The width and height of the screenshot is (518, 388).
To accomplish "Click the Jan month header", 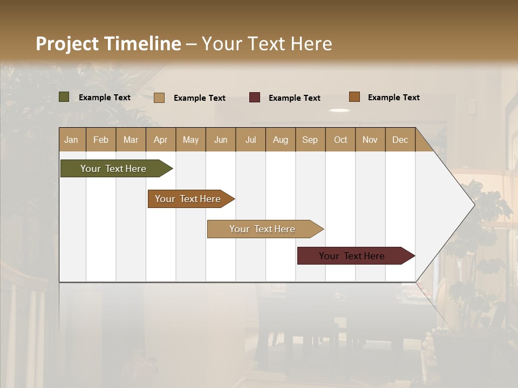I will (72, 140).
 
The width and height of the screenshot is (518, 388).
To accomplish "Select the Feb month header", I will (101, 140).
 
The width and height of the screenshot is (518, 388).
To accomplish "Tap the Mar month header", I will (131, 140).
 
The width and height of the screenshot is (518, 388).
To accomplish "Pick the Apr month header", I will (161, 140).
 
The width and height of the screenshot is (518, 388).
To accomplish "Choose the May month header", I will (190, 140).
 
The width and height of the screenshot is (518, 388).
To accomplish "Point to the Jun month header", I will (221, 140).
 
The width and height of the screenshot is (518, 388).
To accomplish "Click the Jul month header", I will (250, 140).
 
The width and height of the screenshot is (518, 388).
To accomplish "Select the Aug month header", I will (281, 140).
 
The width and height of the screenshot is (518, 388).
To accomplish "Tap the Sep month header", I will (310, 140).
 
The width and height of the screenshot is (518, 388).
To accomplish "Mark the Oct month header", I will (340, 140).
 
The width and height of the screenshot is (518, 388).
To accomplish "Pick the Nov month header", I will (370, 140).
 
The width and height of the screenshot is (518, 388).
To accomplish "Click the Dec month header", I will (400, 140).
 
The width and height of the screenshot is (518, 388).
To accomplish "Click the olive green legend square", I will (64, 97).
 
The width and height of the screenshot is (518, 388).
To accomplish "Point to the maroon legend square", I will (255, 98).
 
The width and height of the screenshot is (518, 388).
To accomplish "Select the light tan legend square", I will (159, 98).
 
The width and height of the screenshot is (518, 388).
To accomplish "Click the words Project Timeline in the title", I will (108, 44).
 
